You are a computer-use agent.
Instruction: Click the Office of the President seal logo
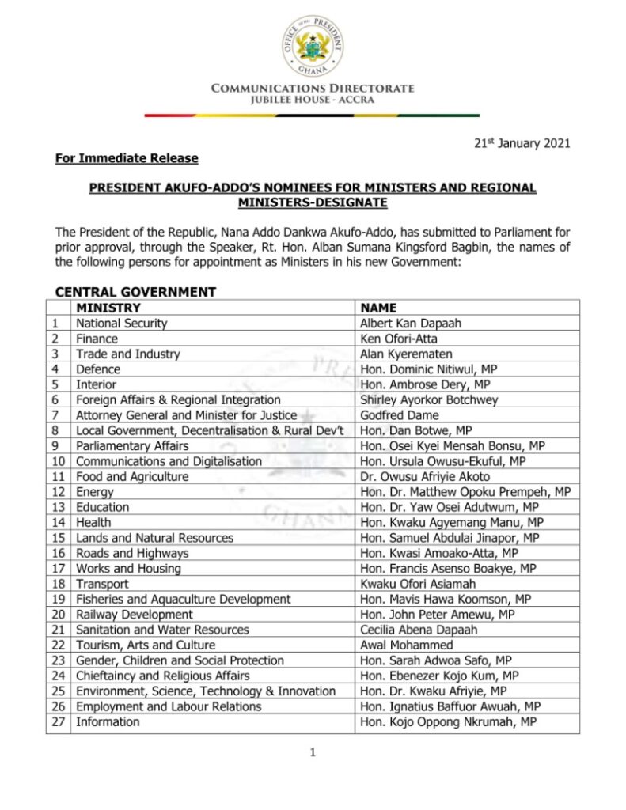[313, 44]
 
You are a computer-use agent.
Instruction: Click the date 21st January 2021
[522, 143]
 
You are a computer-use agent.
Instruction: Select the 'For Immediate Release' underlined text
[127, 158]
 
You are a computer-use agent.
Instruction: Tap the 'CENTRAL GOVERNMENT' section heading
[135, 292]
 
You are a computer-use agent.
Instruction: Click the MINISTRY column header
[108, 308]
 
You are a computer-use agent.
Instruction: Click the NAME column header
[378, 308]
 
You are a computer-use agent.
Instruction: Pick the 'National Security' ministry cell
[121, 324]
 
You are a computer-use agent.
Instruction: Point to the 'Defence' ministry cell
[98, 369]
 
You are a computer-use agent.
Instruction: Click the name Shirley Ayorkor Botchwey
[429, 400]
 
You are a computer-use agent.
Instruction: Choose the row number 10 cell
[58, 461]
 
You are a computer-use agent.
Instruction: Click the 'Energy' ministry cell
[95, 492]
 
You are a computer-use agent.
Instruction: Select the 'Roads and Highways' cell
[132, 554]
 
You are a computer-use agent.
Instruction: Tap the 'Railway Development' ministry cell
[134, 615]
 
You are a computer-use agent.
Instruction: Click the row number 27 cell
[58, 722]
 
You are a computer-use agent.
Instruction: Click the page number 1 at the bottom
[313, 753]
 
